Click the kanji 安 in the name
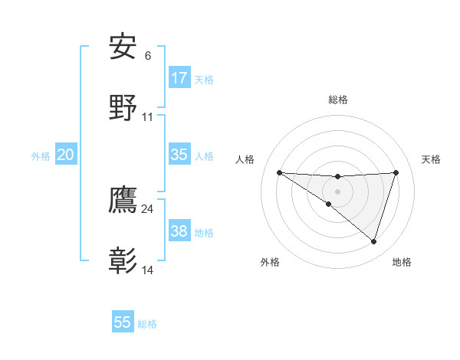pyautogui.click(x=123, y=47)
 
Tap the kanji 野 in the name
pyautogui.click(x=123, y=108)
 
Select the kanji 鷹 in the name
pyautogui.click(x=123, y=201)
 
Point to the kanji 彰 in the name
pyautogui.click(x=123, y=261)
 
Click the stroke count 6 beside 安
pyautogui.click(x=148, y=56)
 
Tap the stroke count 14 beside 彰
pyautogui.click(x=148, y=270)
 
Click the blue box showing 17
pyautogui.click(x=179, y=78)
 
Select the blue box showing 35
pyautogui.click(x=179, y=155)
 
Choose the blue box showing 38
pyautogui.click(x=179, y=231)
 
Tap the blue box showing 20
pyautogui.click(x=65, y=155)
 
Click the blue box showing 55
pyautogui.click(x=123, y=322)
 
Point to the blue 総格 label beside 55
pyautogui.click(x=147, y=324)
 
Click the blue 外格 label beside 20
pyautogui.click(x=41, y=156)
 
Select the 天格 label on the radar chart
pyautogui.click(x=431, y=159)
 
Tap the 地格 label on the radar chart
pyautogui.click(x=402, y=263)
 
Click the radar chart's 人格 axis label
pyautogui.click(x=245, y=159)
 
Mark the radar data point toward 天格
pyautogui.click(x=396, y=173)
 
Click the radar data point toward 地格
pyautogui.click(x=373, y=241)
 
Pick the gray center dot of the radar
pyautogui.click(x=337, y=191)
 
